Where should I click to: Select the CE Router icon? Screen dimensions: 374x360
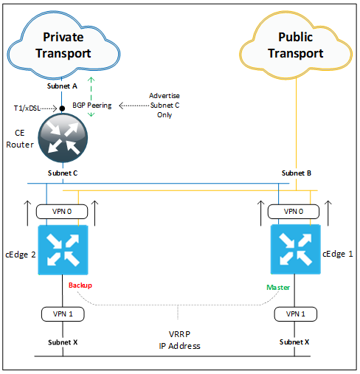63,141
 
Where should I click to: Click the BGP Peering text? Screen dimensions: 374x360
92,105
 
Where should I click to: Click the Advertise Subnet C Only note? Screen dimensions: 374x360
164,105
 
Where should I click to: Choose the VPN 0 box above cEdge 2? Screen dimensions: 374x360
63,212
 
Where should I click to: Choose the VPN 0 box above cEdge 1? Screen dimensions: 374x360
294,212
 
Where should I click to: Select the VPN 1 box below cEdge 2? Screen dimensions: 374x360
63,314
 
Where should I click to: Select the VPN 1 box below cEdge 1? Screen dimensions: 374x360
294,314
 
